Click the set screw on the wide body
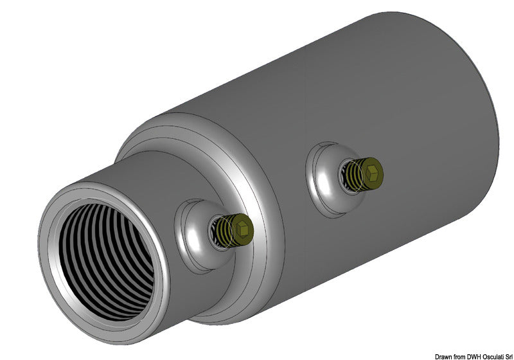[363, 173]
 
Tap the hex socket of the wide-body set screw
[373, 172]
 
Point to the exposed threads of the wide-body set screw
[352, 174]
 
